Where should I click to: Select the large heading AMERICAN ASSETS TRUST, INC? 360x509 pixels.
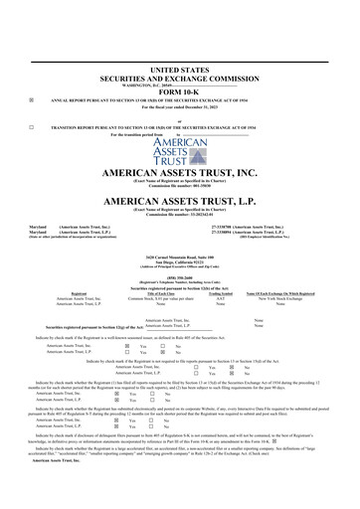(x=179, y=172)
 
